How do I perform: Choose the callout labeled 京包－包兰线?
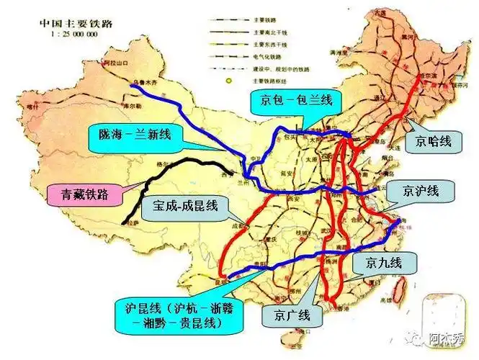(x=292, y=102)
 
